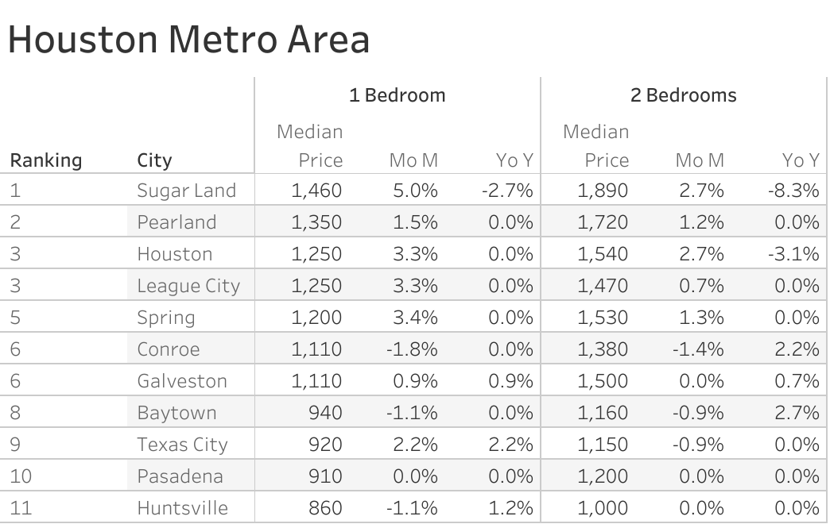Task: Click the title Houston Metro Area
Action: [188, 40]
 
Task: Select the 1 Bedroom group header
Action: [397, 95]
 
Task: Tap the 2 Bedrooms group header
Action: [683, 95]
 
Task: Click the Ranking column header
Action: [45, 160]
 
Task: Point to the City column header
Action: [154, 160]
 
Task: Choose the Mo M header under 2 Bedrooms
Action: [700, 160]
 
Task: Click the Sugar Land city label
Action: [186, 191]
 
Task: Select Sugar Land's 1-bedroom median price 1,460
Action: [316, 191]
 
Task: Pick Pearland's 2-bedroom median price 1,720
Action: [602, 222]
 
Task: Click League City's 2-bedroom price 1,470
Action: [602, 286]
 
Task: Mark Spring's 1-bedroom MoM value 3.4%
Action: [415, 318]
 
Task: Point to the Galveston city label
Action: [182, 381]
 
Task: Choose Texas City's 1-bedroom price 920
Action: [325, 445]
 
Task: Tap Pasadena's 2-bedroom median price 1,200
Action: [602, 476]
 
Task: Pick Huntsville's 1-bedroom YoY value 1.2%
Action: [512, 508]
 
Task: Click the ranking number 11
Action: [21, 508]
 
